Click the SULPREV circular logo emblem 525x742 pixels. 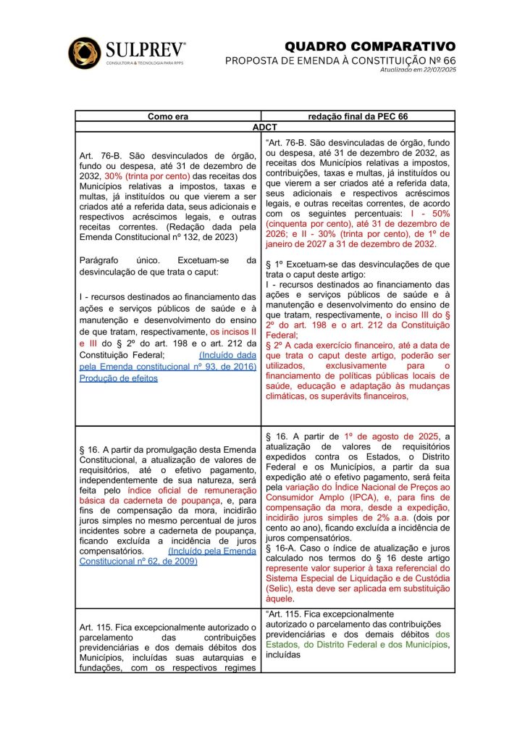84,52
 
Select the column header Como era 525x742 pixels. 168,116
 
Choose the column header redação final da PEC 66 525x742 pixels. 358,116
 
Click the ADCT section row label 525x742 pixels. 264,126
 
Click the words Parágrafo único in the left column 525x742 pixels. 127,260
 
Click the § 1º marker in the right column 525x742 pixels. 273,264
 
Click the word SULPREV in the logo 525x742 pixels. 145,49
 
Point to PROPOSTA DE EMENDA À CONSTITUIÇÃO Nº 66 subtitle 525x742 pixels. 340,60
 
